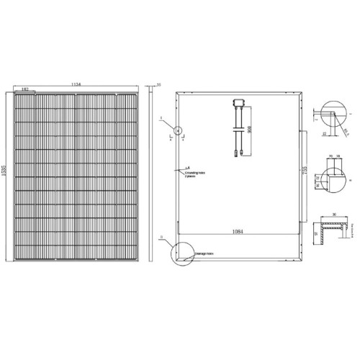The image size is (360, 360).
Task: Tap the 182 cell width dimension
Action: [25, 90]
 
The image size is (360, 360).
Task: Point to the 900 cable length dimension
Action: [248, 130]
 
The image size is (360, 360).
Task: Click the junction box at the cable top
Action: [238, 105]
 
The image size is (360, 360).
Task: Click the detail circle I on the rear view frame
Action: [177, 131]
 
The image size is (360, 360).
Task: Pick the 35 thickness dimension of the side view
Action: [158, 86]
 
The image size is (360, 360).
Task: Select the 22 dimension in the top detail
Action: [324, 133]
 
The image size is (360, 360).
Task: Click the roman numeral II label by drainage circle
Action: [163, 236]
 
